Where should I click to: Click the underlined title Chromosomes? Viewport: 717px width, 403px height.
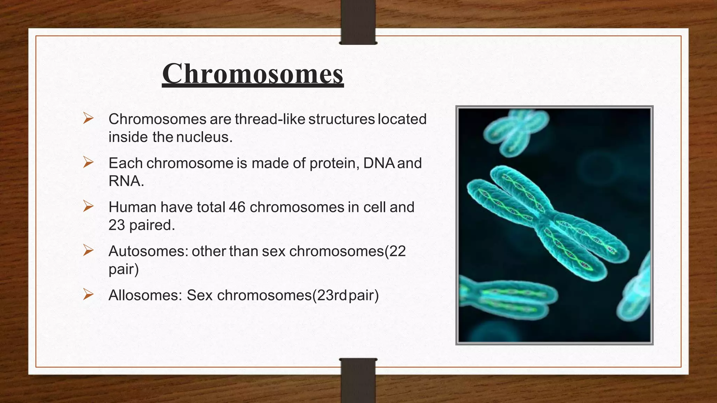point(253,74)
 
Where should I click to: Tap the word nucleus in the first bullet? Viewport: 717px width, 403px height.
point(204,137)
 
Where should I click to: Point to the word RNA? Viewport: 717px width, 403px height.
point(126,181)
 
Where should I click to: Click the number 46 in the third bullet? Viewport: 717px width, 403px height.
point(237,207)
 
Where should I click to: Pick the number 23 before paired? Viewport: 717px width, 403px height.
point(117,225)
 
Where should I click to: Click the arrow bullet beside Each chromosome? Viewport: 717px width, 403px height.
point(88,162)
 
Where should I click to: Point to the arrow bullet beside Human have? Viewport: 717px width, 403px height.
point(88,206)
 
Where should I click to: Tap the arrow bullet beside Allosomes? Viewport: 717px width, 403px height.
point(88,295)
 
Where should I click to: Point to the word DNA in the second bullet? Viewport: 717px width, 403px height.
point(379,163)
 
